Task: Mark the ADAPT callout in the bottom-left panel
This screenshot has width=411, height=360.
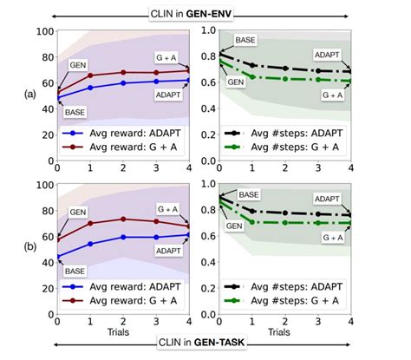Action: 167,249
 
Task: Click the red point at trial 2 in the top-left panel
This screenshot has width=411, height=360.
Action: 123,72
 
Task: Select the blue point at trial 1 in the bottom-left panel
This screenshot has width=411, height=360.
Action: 91,244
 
